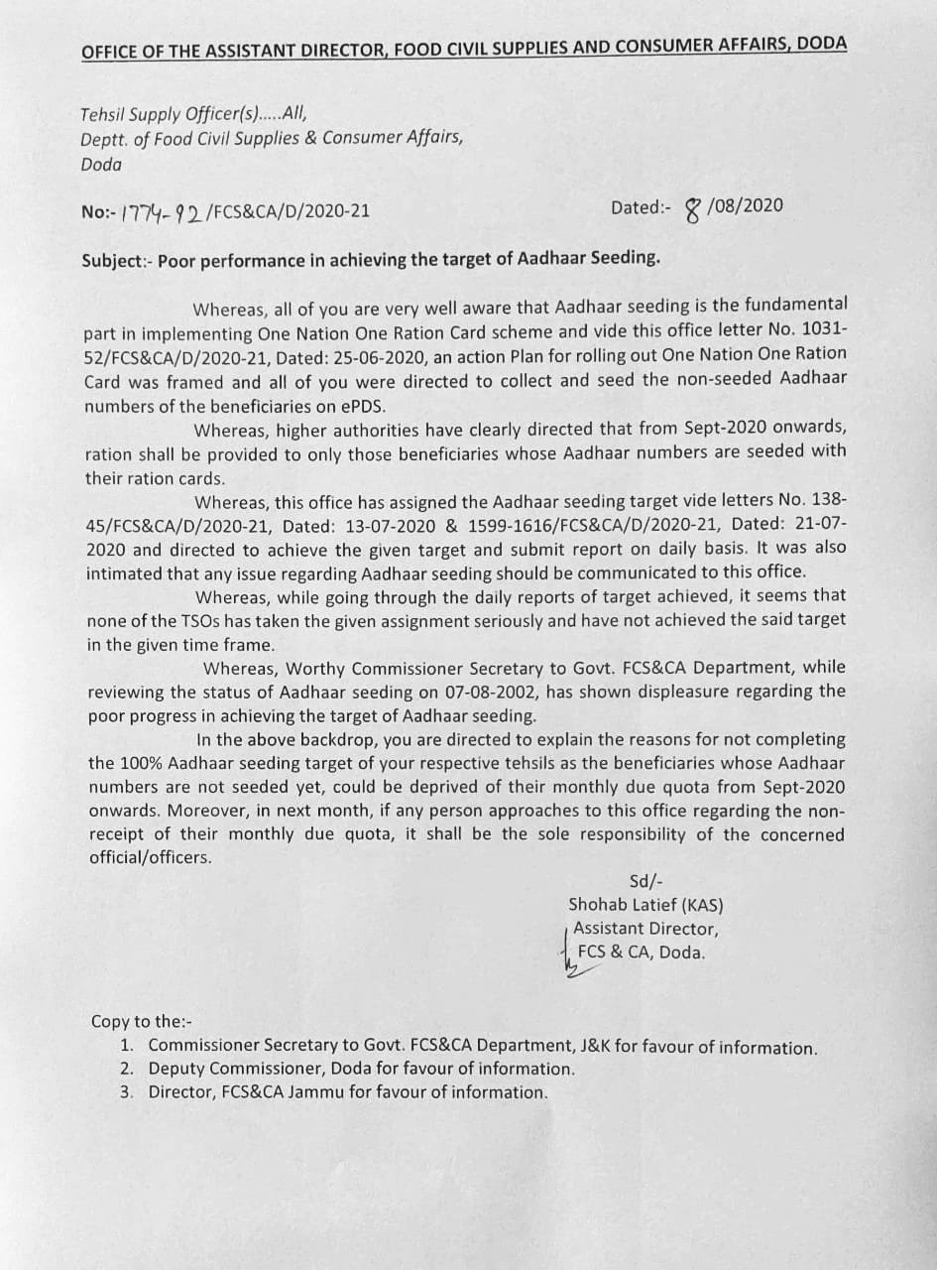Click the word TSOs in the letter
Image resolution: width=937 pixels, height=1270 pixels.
(x=182, y=620)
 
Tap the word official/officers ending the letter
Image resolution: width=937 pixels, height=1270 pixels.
(x=150, y=858)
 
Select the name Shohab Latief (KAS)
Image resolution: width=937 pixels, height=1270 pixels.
(x=644, y=905)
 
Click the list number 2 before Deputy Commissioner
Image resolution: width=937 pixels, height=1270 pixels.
(x=127, y=1069)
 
